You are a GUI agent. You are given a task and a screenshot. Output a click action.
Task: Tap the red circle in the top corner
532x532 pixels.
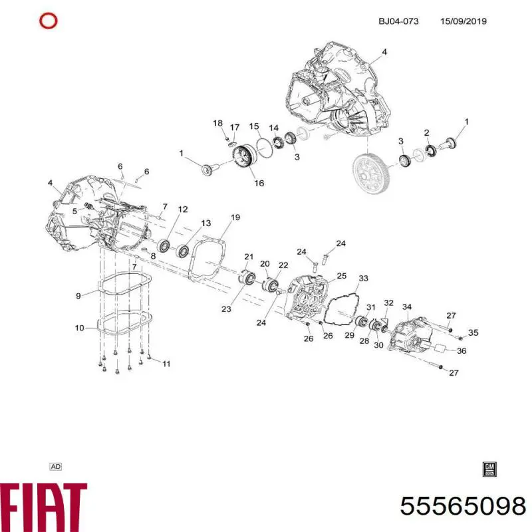coord(49,21)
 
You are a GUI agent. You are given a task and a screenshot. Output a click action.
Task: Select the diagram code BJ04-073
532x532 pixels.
coord(398,21)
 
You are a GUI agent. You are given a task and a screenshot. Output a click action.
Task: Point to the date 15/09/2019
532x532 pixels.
coord(464,21)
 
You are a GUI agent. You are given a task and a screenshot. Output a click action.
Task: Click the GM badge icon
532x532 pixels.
coord(489,468)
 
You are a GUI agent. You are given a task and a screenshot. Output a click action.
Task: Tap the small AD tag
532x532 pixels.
coord(56,467)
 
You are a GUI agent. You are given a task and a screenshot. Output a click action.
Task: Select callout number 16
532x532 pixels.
coord(259,183)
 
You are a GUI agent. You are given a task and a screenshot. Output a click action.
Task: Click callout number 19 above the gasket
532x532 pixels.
coord(235,217)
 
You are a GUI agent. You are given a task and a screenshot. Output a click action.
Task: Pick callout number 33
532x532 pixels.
coord(363,278)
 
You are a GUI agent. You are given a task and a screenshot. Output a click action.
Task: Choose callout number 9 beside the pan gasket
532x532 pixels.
coord(78,295)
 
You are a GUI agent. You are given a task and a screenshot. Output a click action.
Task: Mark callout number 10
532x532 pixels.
coord(79,327)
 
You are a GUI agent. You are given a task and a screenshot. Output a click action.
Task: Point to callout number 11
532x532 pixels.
coord(166,363)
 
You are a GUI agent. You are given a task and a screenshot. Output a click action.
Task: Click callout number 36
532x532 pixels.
coord(462,351)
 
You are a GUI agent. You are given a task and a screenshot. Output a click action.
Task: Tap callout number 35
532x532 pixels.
coord(473,332)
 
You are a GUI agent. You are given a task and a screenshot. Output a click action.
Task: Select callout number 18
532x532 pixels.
coord(217,123)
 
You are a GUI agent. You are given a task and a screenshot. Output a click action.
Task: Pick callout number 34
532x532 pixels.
coord(407,307)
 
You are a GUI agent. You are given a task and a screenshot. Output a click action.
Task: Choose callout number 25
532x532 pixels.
coord(342,275)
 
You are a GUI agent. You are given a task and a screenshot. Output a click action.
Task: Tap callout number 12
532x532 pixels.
coord(182,209)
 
